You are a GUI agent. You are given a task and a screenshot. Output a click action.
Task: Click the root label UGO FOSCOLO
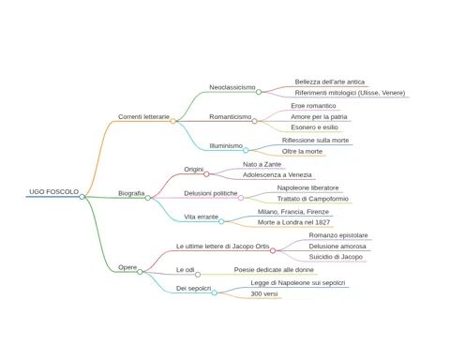click(x=53, y=191)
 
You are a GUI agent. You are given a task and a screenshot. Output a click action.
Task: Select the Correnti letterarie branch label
click(x=143, y=116)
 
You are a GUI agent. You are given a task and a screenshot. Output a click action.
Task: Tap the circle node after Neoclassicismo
click(x=259, y=92)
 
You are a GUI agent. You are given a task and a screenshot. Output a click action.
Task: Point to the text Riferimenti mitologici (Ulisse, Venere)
click(x=350, y=93)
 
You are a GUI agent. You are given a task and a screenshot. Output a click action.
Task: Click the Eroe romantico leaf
click(x=313, y=106)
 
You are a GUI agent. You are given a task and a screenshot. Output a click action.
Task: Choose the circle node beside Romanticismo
click(x=254, y=121)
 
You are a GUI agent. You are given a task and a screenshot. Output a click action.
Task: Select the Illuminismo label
click(x=226, y=146)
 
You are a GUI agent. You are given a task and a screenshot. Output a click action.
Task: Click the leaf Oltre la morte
click(x=302, y=151)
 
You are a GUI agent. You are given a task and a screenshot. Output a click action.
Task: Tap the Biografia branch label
click(x=131, y=193)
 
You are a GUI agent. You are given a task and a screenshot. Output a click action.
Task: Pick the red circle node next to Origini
click(x=206, y=174)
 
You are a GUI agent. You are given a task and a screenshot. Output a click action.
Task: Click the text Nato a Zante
click(x=262, y=164)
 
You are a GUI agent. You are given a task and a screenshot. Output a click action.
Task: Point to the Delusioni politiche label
click(x=211, y=193)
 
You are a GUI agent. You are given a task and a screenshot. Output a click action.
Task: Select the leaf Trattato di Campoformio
click(x=313, y=199)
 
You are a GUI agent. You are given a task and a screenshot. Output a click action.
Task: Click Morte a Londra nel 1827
click(x=293, y=222)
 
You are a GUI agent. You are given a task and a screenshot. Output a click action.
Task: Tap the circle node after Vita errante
click(x=221, y=221)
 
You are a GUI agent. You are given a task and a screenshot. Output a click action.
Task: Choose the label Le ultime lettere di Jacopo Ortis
click(x=223, y=247)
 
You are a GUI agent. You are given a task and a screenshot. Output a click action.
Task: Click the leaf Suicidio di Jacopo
click(x=336, y=257)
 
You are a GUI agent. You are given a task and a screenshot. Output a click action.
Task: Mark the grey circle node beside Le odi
click(x=198, y=275)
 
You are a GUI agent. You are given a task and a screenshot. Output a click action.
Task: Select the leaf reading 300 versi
click(x=264, y=293)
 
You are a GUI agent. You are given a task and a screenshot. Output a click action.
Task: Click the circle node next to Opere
click(x=140, y=272)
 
